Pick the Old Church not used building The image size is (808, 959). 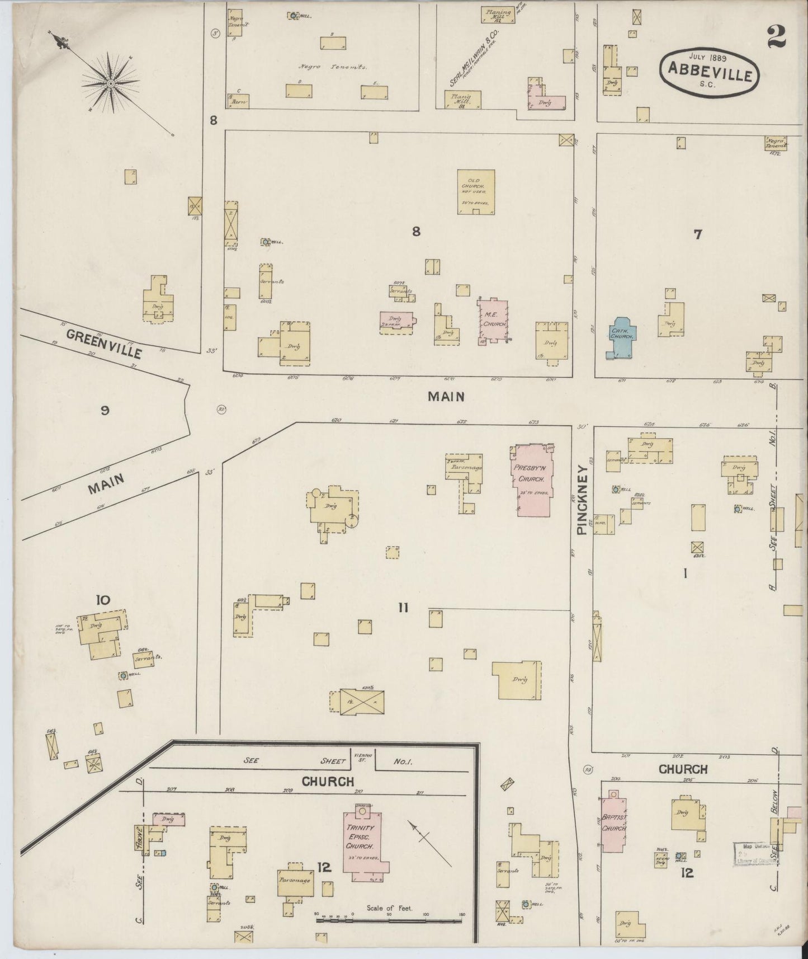(475, 191)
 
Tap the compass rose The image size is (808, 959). (111, 83)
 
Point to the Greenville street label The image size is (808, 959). (103, 343)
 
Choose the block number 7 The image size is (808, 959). (697, 235)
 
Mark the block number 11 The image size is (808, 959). (403, 608)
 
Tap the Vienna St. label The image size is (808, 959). (359, 759)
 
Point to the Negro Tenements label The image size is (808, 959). (333, 67)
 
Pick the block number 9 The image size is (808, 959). (105, 411)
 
